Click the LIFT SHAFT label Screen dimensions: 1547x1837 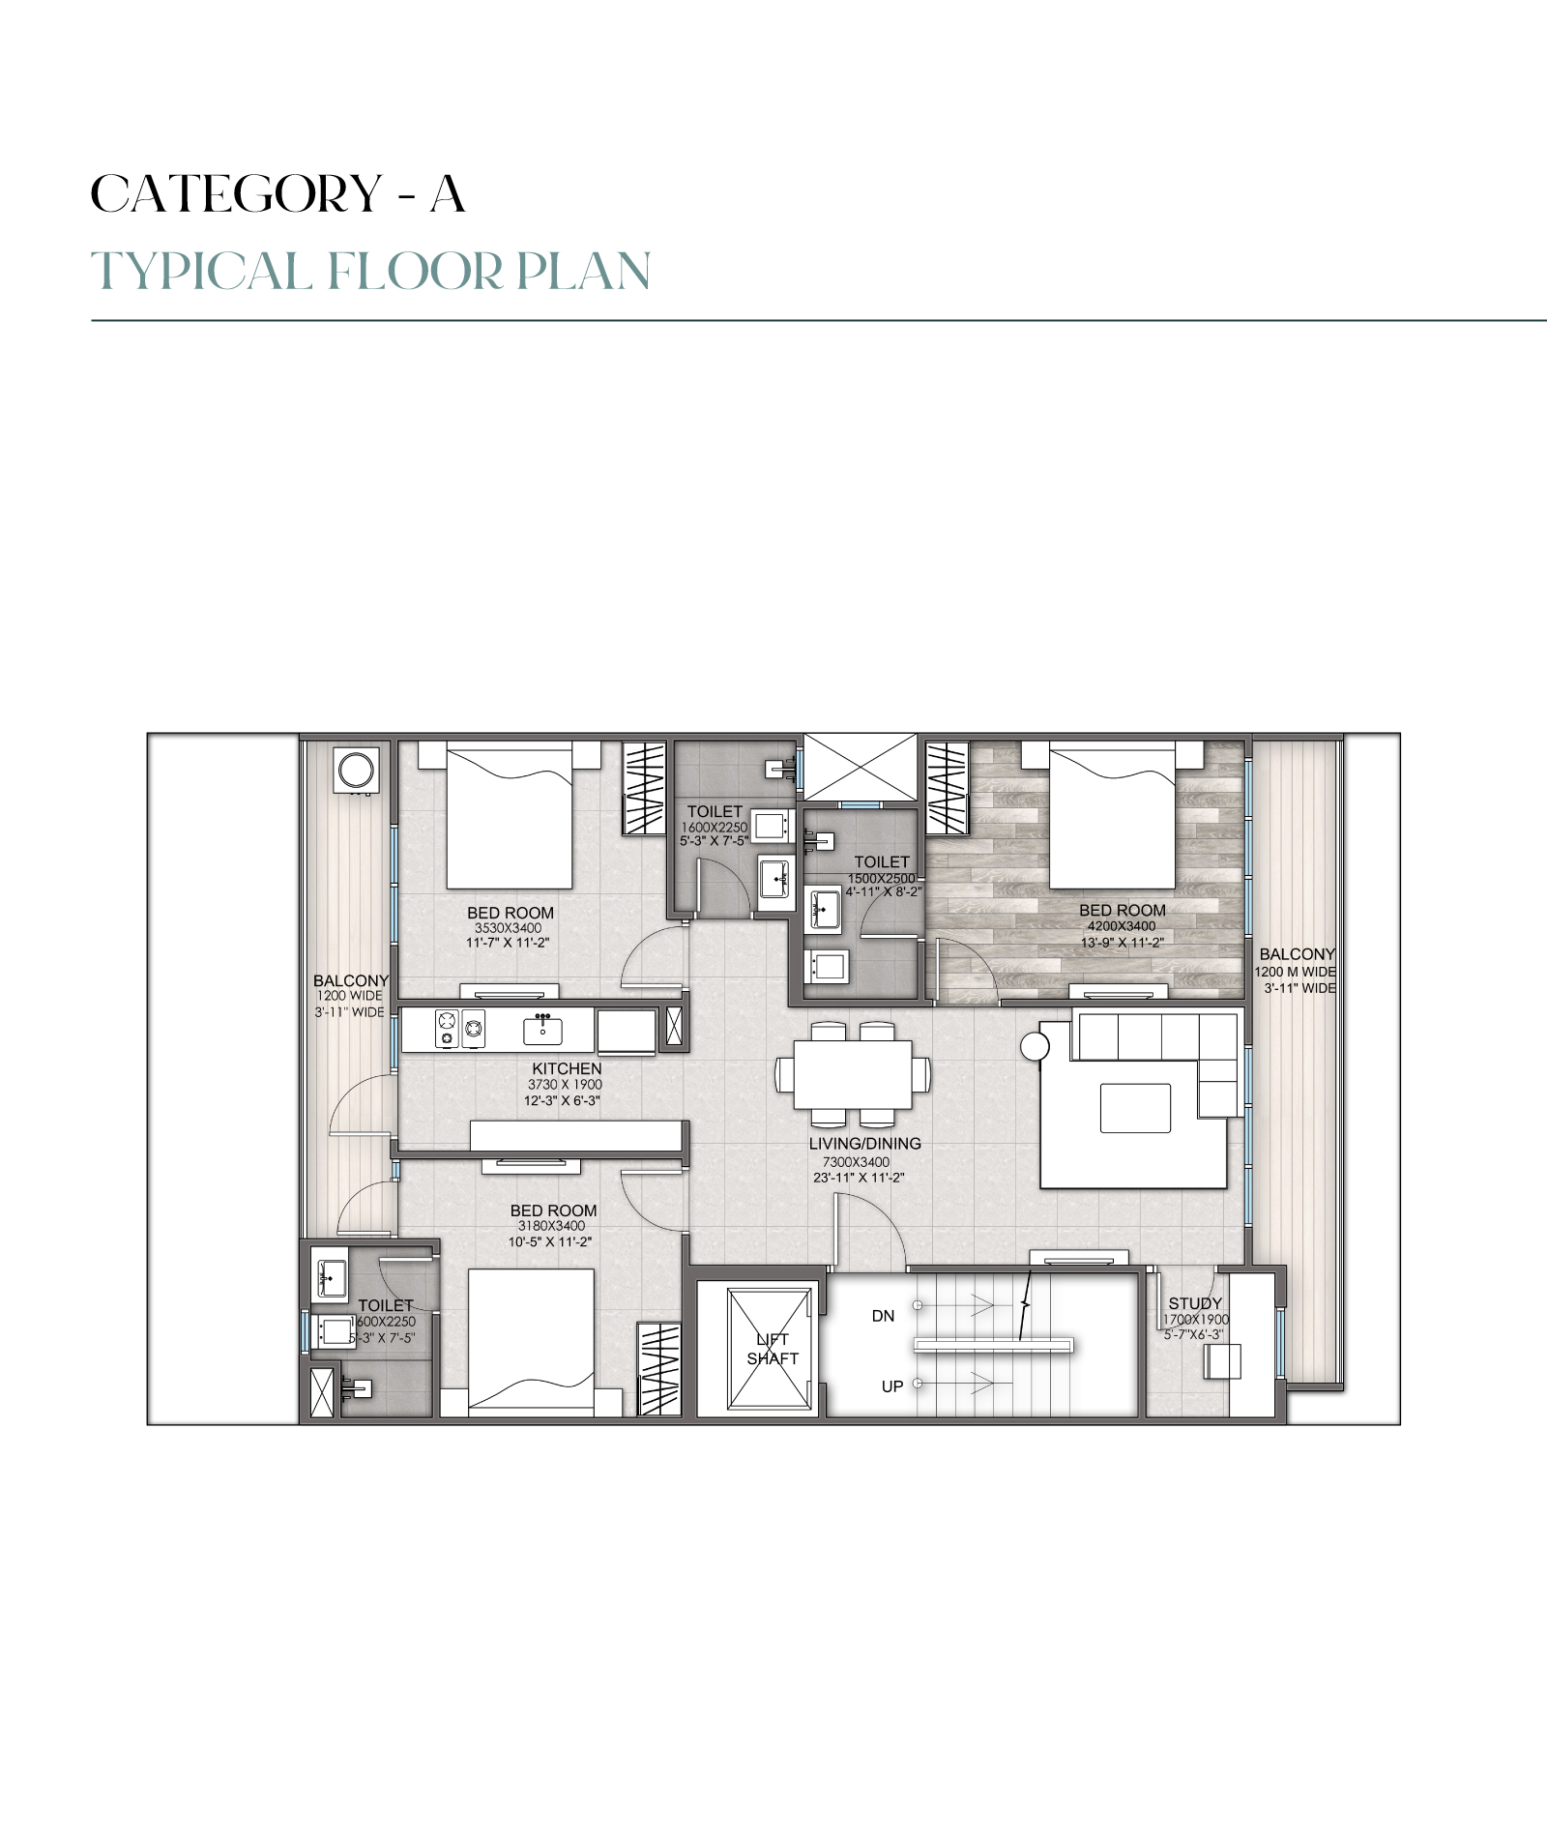[x=773, y=1348]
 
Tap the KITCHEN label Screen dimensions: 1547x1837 [x=567, y=1068]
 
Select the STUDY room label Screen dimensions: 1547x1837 [x=1195, y=1303]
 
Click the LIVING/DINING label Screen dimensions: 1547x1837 [x=864, y=1143]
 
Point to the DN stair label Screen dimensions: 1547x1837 [x=883, y=1316]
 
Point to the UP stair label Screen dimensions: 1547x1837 [x=891, y=1386]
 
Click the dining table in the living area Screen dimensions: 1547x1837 [x=853, y=1074]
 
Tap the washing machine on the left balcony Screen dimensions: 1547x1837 [x=356, y=771]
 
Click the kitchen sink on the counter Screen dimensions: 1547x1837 [x=543, y=1030]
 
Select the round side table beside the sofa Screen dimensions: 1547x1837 [x=1035, y=1046]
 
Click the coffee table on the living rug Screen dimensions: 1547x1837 [x=1135, y=1108]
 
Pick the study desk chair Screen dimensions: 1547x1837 [x=1221, y=1363]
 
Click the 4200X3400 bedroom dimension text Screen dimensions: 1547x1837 [x=1122, y=926]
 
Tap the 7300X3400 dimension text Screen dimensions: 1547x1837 [x=857, y=1162]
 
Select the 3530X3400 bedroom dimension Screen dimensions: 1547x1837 [x=508, y=928]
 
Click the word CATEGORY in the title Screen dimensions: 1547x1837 [x=237, y=193]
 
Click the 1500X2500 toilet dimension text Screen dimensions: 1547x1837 [x=881, y=878]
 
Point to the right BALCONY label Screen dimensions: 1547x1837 [x=1297, y=954]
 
